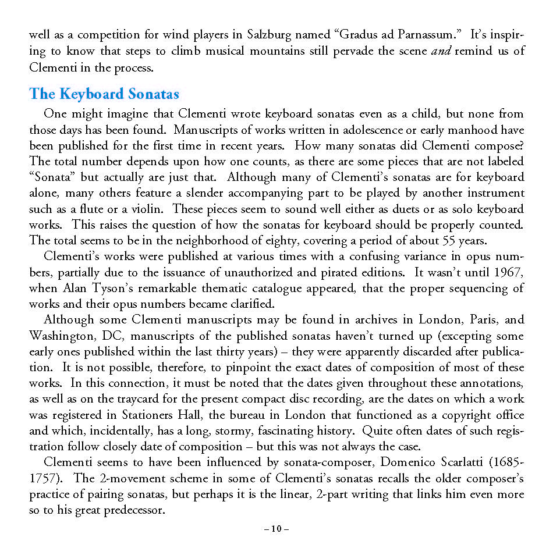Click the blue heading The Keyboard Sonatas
(104, 94)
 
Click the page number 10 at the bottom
(276, 529)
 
